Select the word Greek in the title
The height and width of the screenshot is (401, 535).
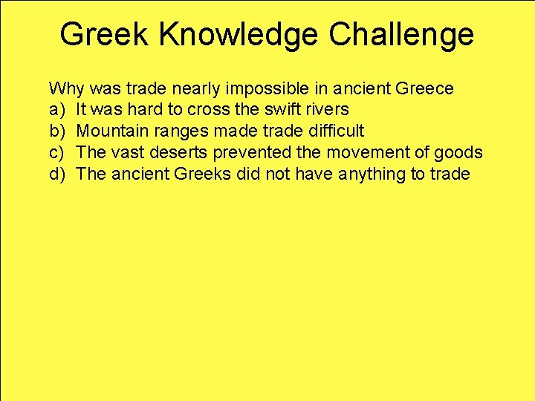click(x=104, y=35)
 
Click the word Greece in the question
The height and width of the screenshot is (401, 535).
click(x=424, y=89)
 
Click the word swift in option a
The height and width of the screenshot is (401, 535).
click(x=279, y=111)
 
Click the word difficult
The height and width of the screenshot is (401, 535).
click(x=338, y=131)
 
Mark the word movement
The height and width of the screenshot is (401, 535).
click(x=354, y=153)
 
